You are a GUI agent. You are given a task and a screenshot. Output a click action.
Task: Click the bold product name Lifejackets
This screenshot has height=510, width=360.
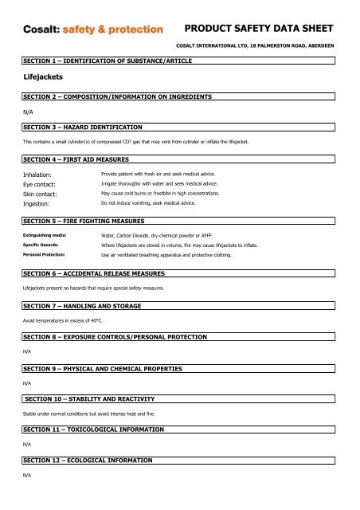pos(43,80)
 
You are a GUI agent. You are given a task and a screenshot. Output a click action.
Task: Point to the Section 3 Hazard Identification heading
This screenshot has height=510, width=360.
pos(83,127)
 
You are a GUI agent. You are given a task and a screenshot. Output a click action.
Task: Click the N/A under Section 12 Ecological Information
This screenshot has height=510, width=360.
pos(26,475)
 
